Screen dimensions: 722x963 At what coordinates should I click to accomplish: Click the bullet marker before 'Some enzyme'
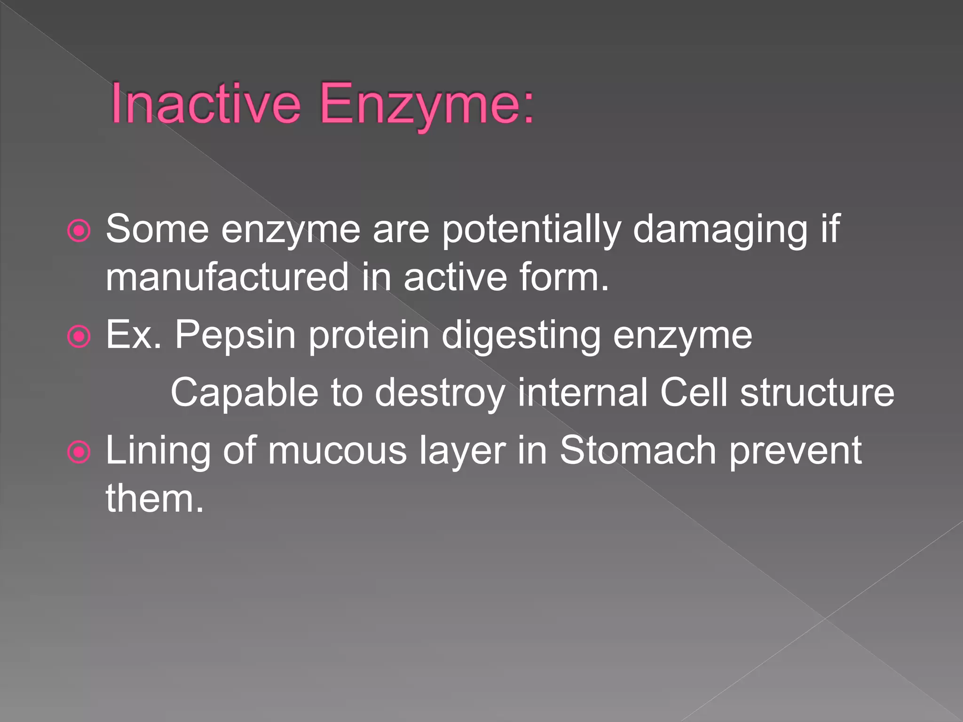coord(79,231)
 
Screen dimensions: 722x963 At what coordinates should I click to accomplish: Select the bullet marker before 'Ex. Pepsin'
coord(79,337)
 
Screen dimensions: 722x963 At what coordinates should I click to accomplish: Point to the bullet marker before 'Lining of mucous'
coord(79,452)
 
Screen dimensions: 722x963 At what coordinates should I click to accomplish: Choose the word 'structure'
coord(817,393)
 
